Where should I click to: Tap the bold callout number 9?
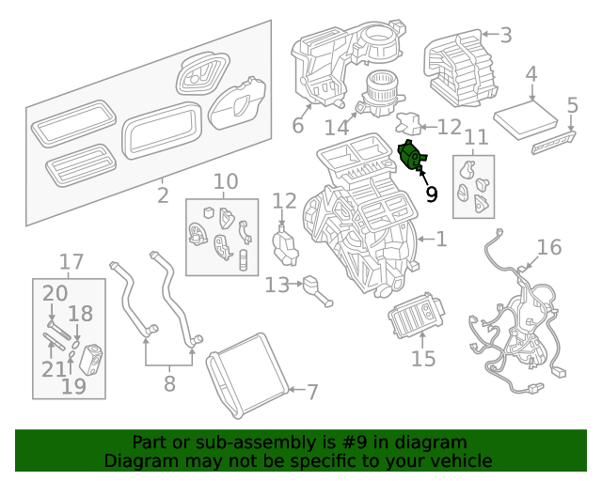(x=431, y=194)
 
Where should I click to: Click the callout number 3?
(x=506, y=37)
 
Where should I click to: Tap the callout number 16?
(x=548, y=247)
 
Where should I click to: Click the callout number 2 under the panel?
(x=163, y=195)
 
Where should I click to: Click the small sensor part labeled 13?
(x=315, y=287)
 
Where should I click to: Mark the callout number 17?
(x=71, y=261)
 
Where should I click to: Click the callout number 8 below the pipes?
(x=169, y=383)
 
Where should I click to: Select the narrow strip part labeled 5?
(x=554, y=142)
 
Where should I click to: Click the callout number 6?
(x=298, y=126)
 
